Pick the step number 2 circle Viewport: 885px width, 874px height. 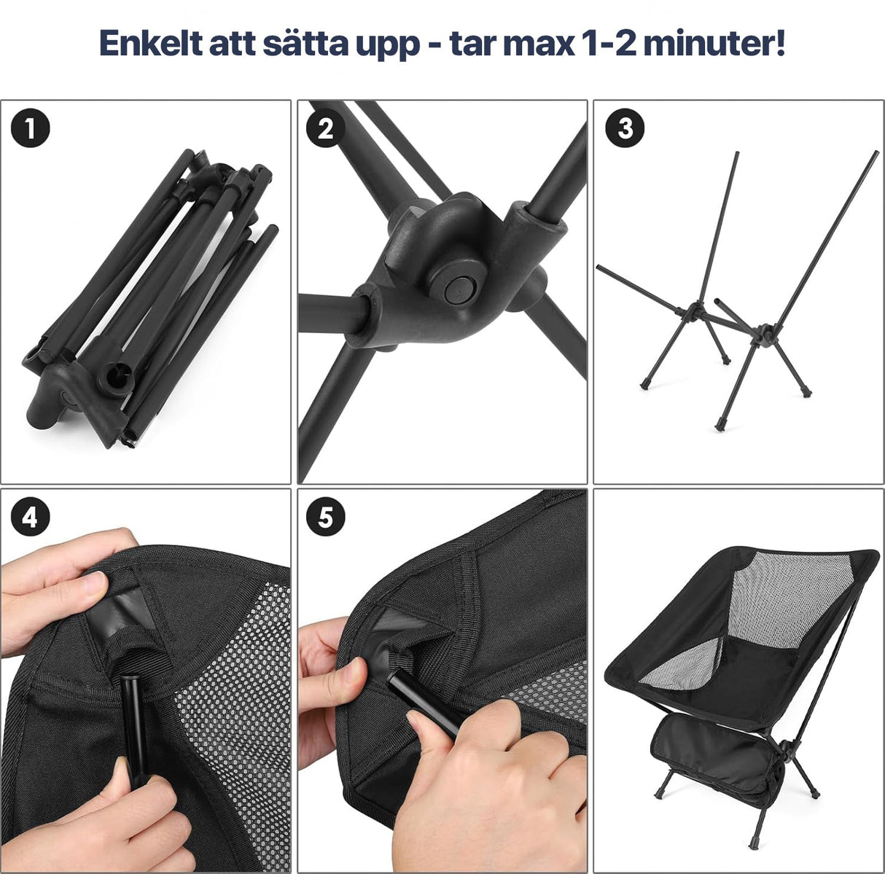click(x=326, y=129)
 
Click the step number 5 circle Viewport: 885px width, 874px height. click(x=326, y=518)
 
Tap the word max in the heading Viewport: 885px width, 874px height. click(x=536, y=44)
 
